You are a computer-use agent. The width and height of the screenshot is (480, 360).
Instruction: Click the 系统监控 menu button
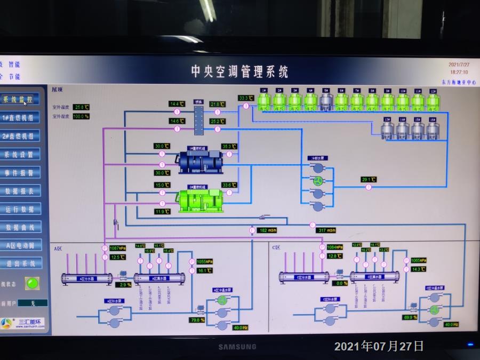coord(19,99)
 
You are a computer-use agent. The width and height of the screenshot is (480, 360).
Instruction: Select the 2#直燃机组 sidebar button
coord(19,135)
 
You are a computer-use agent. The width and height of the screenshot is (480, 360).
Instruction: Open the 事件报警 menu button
coord(19,173)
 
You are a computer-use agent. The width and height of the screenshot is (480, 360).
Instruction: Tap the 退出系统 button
coord(20,263)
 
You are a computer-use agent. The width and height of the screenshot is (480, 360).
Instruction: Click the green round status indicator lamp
coord(33,283)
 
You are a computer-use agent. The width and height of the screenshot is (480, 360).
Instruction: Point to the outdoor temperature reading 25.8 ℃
coord(81,107)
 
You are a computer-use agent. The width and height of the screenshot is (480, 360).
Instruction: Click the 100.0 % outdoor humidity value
coord(81,116)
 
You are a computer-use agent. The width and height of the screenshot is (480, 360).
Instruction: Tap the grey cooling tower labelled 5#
coord(326,101)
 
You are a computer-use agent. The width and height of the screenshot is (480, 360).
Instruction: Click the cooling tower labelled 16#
coord(433,130)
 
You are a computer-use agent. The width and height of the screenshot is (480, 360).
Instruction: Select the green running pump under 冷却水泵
coord(318,180)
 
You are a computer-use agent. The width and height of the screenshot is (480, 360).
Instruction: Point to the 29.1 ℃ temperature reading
coord(369,179)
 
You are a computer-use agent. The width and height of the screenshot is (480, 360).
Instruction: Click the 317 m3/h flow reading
coord(326,230)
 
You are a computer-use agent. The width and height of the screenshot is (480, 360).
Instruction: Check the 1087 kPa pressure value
coord(117,248)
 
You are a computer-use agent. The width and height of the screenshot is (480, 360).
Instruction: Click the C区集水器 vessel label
coord(374,276)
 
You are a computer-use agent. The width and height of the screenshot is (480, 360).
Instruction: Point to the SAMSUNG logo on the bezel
coord(237,347)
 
